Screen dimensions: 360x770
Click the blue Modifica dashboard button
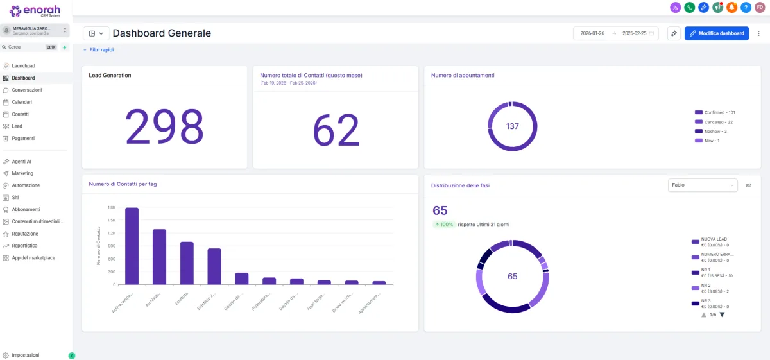[x=717, y=33]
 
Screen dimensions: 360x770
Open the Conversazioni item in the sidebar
[x=26, y=90]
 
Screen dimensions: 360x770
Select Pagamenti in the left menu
[x=23, y=138]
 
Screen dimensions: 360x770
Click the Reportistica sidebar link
[x=24, y=246]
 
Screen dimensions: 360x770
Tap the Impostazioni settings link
[x=25, y=355]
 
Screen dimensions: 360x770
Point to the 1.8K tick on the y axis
[x=112, y=208]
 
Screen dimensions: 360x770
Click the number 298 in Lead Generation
[x=164, y=126]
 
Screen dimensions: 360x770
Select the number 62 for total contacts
[x=336, y=130]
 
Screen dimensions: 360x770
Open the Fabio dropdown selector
[x=703, y=185]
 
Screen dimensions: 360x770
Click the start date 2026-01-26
[x=592, y=33]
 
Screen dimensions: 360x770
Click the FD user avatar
[x=760, y=8]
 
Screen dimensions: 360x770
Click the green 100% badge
[x=443, y=225]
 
